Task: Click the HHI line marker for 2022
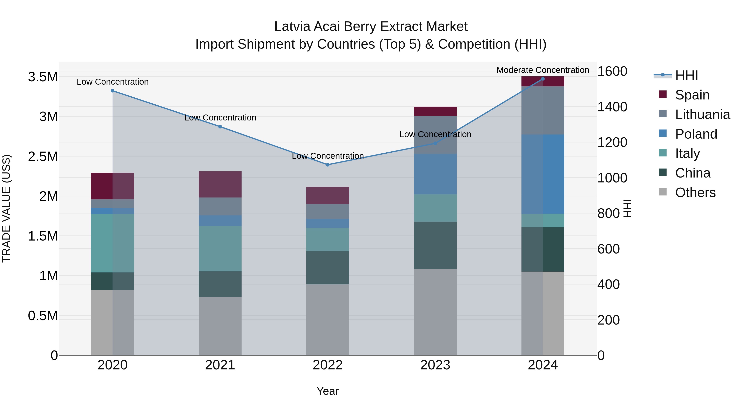[328, 165]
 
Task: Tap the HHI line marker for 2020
[113, 91]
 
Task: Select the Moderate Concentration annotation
[543, 70]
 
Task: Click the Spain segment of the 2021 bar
[220, 185]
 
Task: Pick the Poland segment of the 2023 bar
[435, 174]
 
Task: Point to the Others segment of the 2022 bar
[328, 319]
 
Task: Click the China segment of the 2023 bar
[435, 245]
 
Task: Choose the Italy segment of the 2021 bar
[220, 248]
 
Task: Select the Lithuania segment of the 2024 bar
[543, 110]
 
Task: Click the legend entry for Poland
[696, 134]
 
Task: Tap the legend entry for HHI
[686, 75]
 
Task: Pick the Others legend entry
[695, 193]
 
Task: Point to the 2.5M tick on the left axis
[43, 157]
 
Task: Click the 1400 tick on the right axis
[612, 107]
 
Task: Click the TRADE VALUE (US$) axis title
[6, 208]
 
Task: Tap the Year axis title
[328, 391]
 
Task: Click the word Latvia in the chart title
[292, 27]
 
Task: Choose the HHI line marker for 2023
[435, 143]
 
